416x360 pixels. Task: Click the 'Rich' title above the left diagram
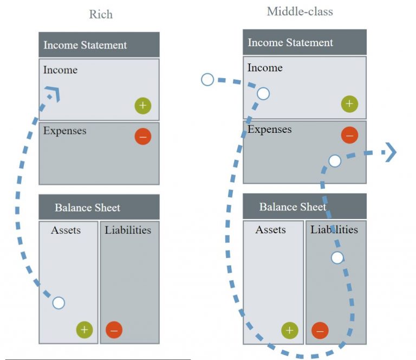pyautogui.click(x=101, y=14)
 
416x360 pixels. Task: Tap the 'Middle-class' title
pyautogui.click(x=300, y=11)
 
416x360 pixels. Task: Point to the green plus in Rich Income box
pyautogui.click(x=142, y=106)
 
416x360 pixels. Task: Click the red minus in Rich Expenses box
pyautogui.click(x=142, y=137)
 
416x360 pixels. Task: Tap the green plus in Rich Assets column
pyautogui.click(x=84, y=329)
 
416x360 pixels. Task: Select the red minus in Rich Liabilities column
pyautogui.click(x=114, y=329)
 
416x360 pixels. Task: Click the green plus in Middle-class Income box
pyautogui.click(x=349, y=104)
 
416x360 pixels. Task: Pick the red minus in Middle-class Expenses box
pyautogui.click(x=349, y=135)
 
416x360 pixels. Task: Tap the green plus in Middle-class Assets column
pyautogui.click(x=289, y=330)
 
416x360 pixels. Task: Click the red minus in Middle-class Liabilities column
pyautogui.click(x=320, y=330)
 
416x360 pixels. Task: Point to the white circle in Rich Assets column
pyautogui.click(x=58, y=303)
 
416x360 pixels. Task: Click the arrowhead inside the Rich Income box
pyautogui.click(x=53, y=94)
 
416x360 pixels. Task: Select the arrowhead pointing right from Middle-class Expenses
pyautogui.click(x=389, y=153)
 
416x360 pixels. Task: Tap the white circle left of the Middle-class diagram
pyautogui.click(x=207, y=80)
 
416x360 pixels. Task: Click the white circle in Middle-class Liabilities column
pyautogui.click(x=337, y=258)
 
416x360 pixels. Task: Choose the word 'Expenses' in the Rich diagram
pyautogui.click(x=65, y=131)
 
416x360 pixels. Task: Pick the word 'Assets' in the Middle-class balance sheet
pyautogui.click(x=270, y=230)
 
